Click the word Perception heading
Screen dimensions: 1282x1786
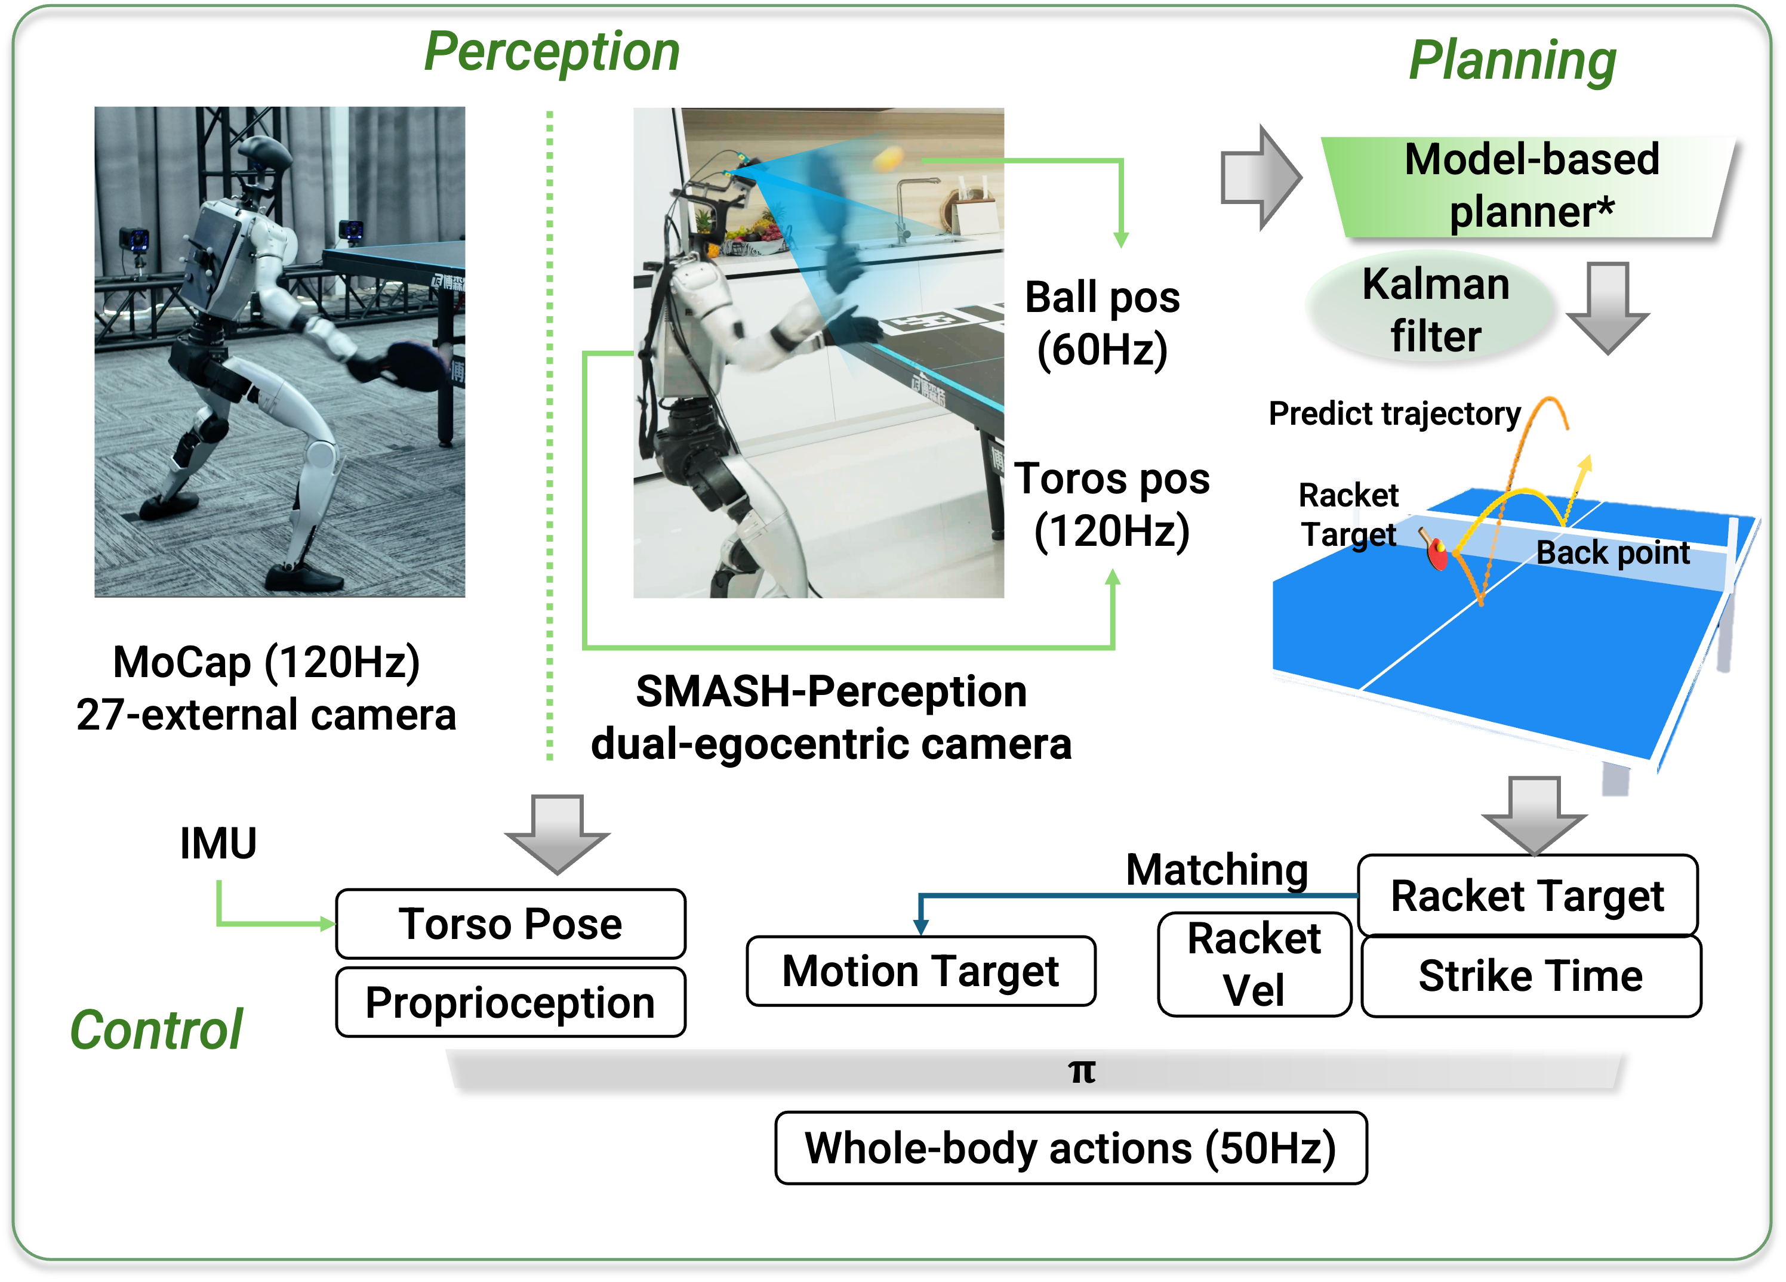(x=551, y=52)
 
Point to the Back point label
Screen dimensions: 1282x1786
(x=1612, y=552)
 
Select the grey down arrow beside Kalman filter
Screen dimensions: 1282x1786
(x=1606, y=307)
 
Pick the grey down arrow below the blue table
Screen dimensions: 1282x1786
(x=1534, y=814)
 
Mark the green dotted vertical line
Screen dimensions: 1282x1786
(x=550, y=433)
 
